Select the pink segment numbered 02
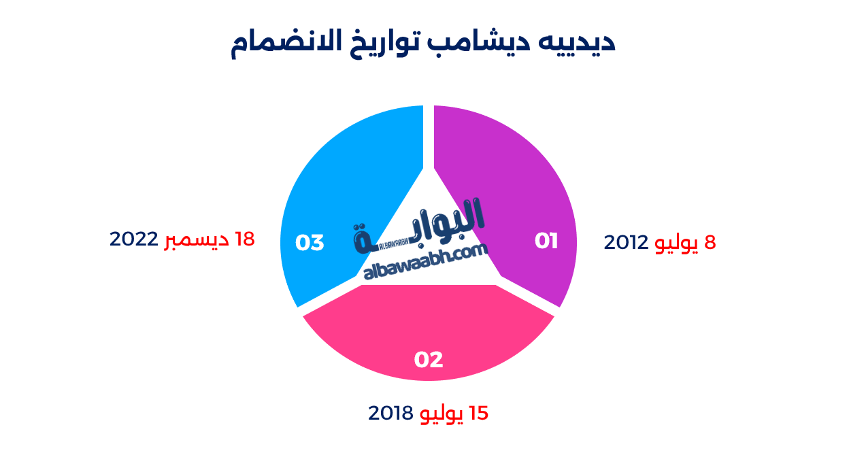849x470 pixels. [x=429, y=333]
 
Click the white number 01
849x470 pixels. [x=546, y=241]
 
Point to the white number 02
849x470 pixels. [x=429, y=359]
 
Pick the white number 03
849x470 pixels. [x=310, y=243]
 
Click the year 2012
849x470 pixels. [x=626, y=243]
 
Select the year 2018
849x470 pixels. [x=390, y=413]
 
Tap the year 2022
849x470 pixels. [x=133, y=239]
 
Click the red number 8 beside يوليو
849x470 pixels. [x=710, y=243]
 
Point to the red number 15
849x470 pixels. [x=479, y=413]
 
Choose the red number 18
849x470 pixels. [x=245, y=239]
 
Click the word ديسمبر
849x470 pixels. [x=197, y=240]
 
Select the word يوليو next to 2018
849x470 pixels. [x=442, y=414]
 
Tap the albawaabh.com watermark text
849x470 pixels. [x=425, y=262]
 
